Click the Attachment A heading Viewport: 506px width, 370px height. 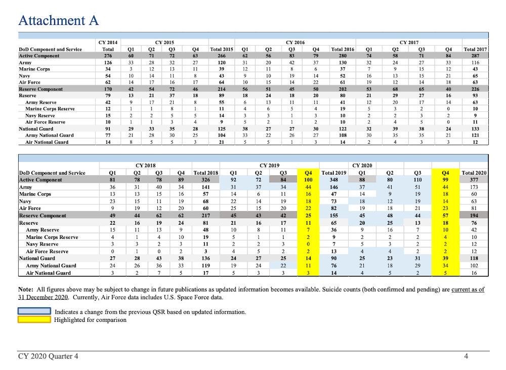coord(58,21)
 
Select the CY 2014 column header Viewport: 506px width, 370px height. coord(107,43)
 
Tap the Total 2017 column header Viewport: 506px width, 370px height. coord(475,49)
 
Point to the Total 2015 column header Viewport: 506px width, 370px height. coord(222,49)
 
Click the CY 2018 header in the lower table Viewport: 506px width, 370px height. coord(146,166)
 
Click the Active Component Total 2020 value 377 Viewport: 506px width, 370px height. coord(474,180)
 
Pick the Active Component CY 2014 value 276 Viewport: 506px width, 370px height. coord(107,56)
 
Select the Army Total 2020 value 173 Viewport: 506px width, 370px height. coord(474,187)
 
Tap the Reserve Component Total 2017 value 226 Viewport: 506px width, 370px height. coord(475,89)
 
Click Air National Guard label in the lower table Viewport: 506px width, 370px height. coord(49,273)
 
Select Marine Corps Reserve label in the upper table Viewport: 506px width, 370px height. coord(50,108)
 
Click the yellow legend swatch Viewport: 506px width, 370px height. coord(34,319)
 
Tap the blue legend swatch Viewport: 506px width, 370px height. coord(34,311)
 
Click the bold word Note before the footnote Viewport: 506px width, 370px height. coord(26,290)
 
